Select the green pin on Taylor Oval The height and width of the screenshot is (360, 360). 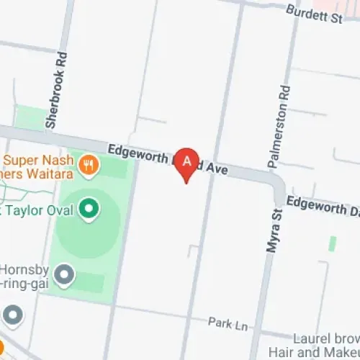tap(89, 210)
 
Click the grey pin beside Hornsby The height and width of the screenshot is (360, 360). tap(65, 274)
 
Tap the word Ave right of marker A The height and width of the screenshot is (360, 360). tap(217, 170)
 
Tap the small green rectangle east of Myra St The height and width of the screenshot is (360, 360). tap(332, 243)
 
